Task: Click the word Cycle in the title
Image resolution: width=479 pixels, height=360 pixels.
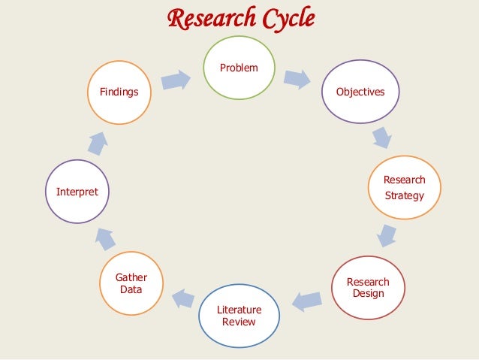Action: [287, 17]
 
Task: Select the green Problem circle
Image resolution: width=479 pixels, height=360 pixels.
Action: [239, 69]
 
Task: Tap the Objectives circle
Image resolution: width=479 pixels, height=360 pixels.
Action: [360, 92]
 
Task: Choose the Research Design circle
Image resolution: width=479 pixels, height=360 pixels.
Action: [368, 288]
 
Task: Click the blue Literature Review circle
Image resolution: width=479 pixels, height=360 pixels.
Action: [239, 316]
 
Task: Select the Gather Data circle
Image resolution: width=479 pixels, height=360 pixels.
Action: [131, 284]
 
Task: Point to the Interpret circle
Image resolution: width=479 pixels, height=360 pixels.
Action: [77, 192]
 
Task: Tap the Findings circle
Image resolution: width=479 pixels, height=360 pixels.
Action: [119, 92]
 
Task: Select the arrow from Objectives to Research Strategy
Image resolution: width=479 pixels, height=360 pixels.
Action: [382, 138]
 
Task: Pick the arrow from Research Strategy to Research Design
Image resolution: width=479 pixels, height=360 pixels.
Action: [387, 235]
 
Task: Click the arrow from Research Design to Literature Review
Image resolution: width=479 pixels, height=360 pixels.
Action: [307, 301]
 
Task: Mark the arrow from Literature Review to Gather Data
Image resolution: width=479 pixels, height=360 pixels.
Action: [182, 298]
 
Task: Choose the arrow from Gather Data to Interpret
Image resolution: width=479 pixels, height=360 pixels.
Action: [106, 238]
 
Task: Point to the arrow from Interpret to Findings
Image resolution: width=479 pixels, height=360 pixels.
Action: [97, 142]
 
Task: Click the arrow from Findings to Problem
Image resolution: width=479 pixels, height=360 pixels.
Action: [176, 80]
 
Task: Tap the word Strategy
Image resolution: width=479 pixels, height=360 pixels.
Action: [404, 196]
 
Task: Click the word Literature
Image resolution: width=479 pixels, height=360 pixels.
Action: [239, 310]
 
